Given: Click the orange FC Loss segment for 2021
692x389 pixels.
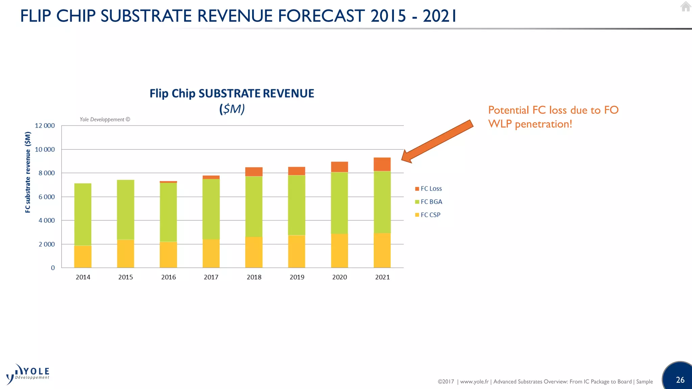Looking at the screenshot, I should (382, 164).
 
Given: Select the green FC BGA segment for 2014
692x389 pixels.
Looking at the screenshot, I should (83, 214).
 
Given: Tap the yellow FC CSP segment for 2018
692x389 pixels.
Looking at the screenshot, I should (254, 252).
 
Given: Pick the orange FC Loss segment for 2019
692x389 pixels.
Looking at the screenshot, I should (297, 171).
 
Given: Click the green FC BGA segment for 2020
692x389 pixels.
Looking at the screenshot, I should (339, 203).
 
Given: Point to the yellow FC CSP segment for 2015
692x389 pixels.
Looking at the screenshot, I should (125, 254).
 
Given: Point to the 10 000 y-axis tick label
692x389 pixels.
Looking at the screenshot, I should (45, 149).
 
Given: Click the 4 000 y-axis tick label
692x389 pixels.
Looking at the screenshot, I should (46, 221).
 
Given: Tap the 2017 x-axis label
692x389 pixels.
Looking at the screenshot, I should (211, 277).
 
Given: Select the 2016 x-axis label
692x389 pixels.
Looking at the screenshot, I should (168, 277).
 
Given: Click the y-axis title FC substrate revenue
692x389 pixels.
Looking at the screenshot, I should (28, 173).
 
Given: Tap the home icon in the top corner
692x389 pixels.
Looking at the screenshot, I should (685, 7).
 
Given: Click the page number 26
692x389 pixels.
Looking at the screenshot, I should (680, 380).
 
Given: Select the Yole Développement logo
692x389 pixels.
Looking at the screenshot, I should (28, 374).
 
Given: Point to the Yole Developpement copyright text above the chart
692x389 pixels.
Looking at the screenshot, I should (105, 120).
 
